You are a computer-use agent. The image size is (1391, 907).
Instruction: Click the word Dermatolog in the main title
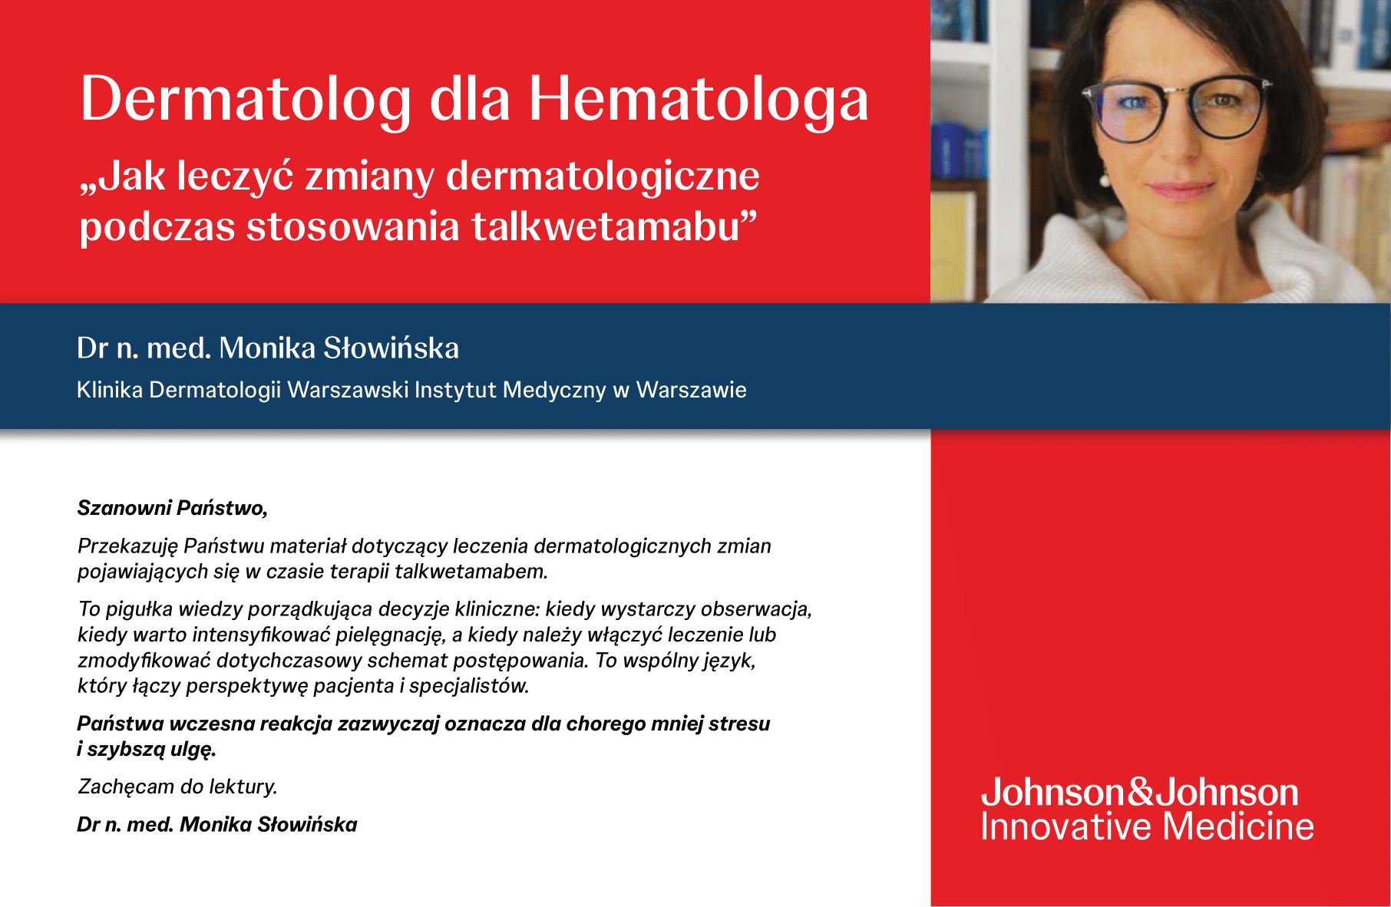click(x=246, y=100)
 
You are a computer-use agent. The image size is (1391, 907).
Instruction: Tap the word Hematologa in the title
click(x=699, y=100)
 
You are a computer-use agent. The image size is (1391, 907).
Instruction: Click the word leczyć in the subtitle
click(x=236, y=176)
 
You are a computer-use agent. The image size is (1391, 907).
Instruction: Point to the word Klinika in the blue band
click(x=110, y=390)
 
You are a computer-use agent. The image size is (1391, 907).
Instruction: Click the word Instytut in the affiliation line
click(x=455, y=390)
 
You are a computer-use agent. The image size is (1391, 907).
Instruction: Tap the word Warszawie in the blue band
click(x=692, y=390)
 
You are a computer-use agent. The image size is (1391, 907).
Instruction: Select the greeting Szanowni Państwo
click(x=173, y=508)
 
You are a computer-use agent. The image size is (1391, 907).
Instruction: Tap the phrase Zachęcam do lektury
click(x=177, y=787)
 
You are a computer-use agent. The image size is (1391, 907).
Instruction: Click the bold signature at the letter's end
click(x=217, y=825)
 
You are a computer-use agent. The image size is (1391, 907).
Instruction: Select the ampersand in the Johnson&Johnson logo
click(x=1141, y=792)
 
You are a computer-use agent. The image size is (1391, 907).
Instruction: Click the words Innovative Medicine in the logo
click(x=1148, y=826)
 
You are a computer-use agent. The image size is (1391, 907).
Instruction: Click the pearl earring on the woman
click(x=1105, y=180)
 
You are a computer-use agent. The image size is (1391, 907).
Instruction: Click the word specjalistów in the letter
click(x=469, y=686)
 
